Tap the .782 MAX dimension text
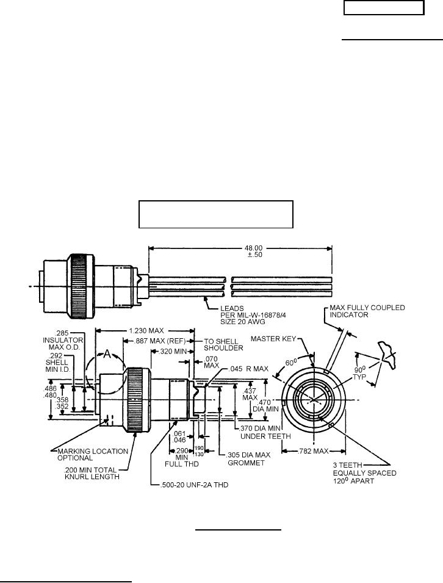[x=312, y=451]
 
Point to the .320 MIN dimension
[x=168, y=352]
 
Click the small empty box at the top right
[x=383, y=8]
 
